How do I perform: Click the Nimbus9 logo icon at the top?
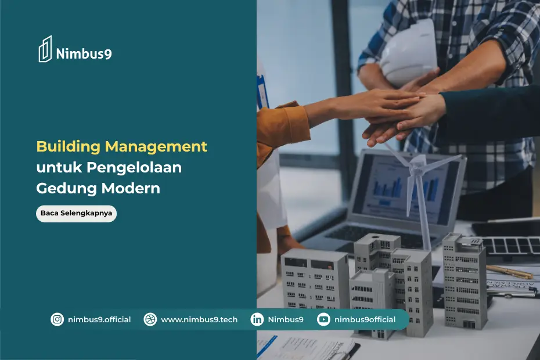point(45,49)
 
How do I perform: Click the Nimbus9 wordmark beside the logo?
point(84,55)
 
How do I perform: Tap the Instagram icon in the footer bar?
point(57,319)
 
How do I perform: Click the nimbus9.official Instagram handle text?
point(99,319)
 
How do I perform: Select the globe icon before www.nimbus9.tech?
point(150,319)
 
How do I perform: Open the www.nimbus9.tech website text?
point(199,319)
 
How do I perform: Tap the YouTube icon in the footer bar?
point(323,319)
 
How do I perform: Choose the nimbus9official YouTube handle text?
point(365,319)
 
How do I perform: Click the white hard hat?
point(409,52)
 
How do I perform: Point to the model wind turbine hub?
point(417,167)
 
